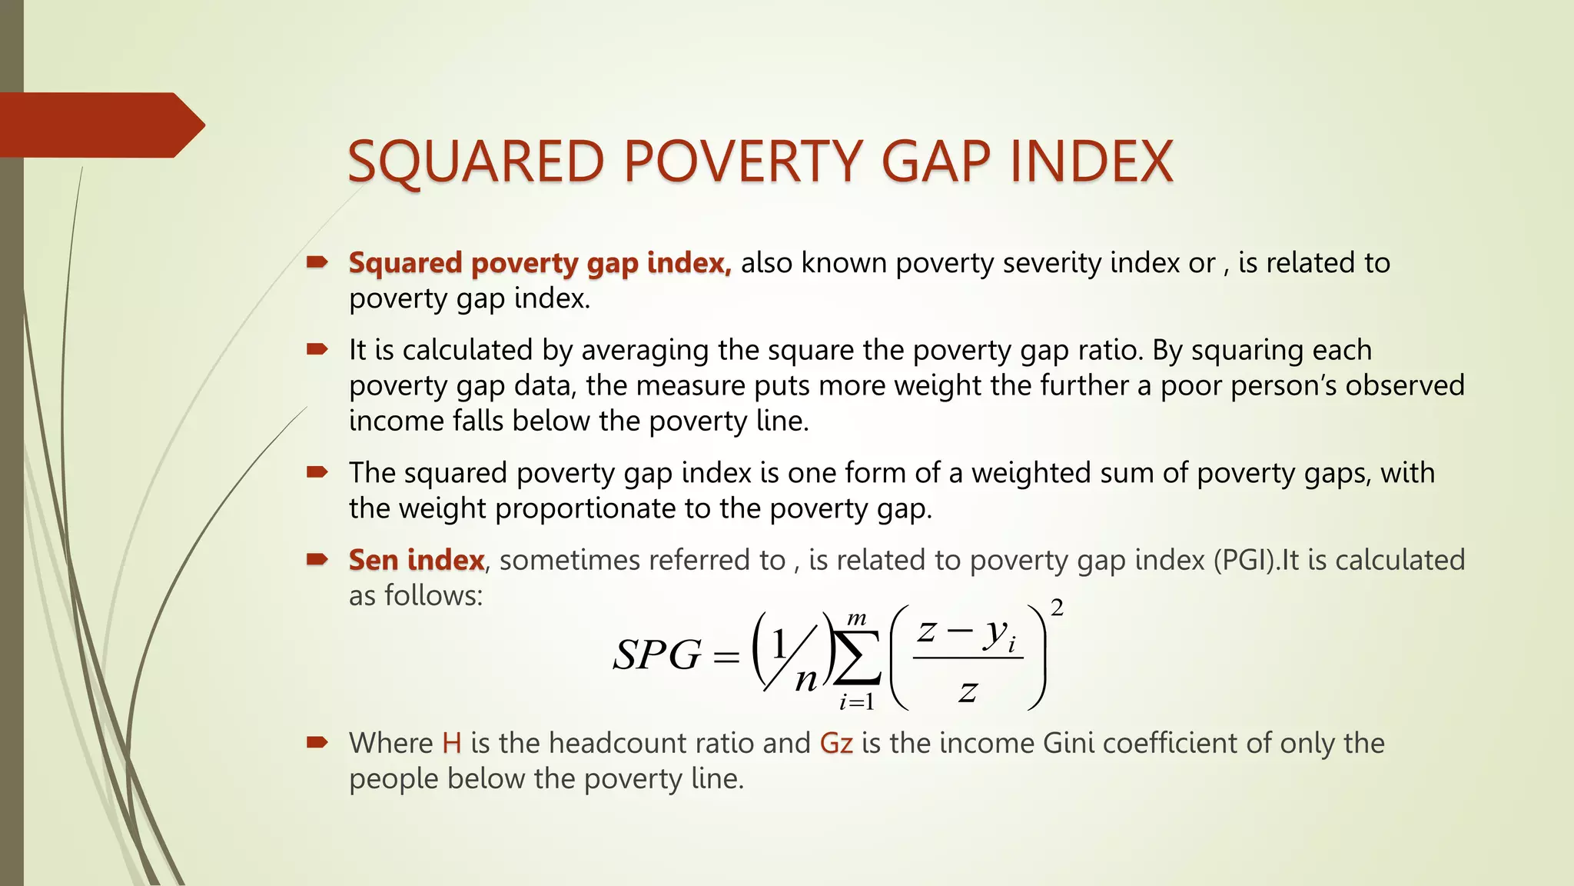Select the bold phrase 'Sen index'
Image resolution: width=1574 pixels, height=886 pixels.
[417, 560]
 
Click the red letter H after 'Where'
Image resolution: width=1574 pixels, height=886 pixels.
[452, 743]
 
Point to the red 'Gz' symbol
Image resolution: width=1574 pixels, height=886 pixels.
[836, 743]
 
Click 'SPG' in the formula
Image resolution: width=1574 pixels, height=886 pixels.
[657, 655]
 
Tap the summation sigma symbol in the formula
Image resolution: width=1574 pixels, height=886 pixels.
[856, 658]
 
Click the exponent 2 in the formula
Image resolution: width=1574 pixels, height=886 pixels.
[1057, 608]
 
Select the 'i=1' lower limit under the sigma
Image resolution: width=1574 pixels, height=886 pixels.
[856, 701]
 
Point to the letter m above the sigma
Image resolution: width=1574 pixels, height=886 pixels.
[856, 618]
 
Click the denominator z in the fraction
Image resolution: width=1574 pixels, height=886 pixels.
[968, 691]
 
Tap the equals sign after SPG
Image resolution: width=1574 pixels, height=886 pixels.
[726, 657]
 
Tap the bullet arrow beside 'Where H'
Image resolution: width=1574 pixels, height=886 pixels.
[317, 742]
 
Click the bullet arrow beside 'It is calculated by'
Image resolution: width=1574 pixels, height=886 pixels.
[317, 349]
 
